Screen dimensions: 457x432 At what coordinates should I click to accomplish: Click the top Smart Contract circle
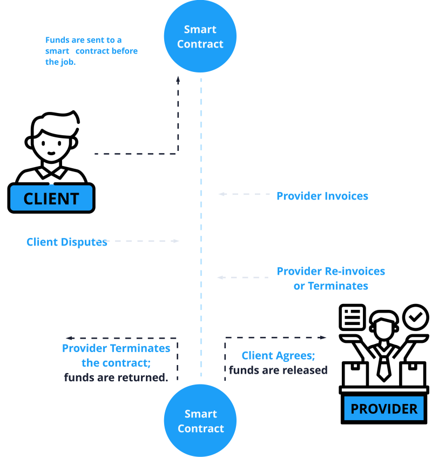[x=200, y=37]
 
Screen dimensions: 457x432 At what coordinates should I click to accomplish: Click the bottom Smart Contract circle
[x=200, y=421]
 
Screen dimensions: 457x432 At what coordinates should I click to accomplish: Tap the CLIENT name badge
[x=51, y=198]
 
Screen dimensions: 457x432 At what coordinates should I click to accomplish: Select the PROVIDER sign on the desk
[x=384, y=409]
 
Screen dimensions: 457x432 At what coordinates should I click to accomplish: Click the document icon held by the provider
[x=352, y=317]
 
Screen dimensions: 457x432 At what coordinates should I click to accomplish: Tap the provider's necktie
[x=384, y=365]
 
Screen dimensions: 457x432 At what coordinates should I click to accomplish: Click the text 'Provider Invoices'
[x=322, y=196]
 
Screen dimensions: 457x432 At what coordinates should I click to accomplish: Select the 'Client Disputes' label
[x=67, y=242]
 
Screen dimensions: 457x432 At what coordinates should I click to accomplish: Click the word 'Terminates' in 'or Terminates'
[x=338, y=286]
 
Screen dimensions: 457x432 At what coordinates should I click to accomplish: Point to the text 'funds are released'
[x=278, y=370]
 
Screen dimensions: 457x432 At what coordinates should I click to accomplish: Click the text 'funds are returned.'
[x=116, y=377]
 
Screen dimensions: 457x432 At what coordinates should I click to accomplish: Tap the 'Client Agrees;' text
[x=278, y=356]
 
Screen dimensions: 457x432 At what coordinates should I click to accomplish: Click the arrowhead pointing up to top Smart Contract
[x=178, y=80]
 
